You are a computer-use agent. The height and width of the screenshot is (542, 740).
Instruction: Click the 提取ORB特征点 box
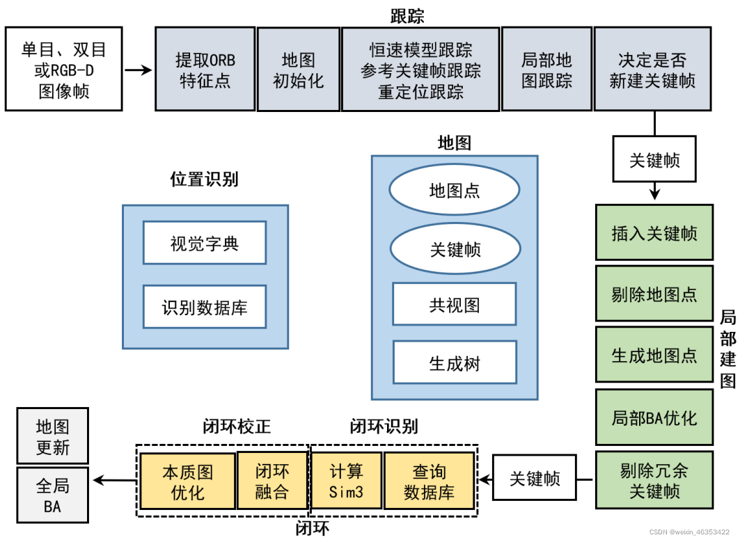pyautogui.click(x=205, y=70)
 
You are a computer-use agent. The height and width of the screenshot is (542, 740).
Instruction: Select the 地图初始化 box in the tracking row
pyautogui.click(x=298, y=70)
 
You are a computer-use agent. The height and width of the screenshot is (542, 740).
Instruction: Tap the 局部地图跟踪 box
pyautogui.click(x=546, y=70)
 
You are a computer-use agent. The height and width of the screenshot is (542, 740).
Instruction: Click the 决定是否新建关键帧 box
pyautogui.click(x=652, y=70)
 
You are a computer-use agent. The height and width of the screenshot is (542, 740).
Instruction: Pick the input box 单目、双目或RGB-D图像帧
pyautogui.click(x=63, y=70)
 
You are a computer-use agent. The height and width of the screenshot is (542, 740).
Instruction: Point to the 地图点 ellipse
pyautogui.click(x=455, y=190)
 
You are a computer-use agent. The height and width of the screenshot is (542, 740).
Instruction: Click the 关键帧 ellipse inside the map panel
pyautogui.click(x=455, y=249)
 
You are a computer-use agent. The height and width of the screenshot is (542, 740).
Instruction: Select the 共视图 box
pyautogui.click(x=455, y=305)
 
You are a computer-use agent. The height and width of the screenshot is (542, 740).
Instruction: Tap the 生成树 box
pyautogui.click(x=455, y=362)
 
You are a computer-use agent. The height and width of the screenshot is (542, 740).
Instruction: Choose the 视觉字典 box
pyautogui.click(x=205, y=243)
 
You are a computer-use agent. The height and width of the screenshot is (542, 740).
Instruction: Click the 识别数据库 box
pyautogui.click(x=205, y=307)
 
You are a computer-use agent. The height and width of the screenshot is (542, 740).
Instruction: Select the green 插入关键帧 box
pyautogui.click(x=654, y=233)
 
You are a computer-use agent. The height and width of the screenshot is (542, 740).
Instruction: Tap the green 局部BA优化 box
pyautogui.click(x=654, y=417)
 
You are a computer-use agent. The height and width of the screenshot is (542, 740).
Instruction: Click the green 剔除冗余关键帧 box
pyautogui.click(x=654, y=481)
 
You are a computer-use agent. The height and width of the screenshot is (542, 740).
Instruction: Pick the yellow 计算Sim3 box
pyautogui.click(x=346, y=481)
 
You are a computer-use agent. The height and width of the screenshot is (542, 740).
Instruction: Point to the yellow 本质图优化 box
pyautogui.click(x=187, y=481)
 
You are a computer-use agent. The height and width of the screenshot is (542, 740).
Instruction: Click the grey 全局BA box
pyautogui.click(x=53, y=495)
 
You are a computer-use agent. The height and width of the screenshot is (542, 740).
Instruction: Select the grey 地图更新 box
pyautogui.click(x=53, y=436)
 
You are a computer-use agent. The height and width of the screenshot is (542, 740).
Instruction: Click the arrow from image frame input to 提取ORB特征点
pyautogui.click(x=138, y=70)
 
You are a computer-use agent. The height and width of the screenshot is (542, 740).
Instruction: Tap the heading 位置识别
pyautogui.click(x=204, y=179)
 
